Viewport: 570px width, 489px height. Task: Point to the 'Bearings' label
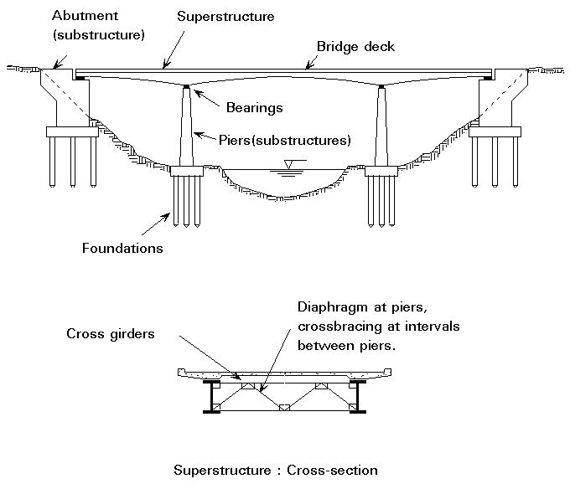(x=254, y=107)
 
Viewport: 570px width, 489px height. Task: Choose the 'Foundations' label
(x=122, y=248)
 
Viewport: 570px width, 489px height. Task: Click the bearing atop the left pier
(x=185, y=86)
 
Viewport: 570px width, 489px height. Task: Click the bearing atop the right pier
(x=381, y=86)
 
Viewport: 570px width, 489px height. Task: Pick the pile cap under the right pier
(x=381, y=172)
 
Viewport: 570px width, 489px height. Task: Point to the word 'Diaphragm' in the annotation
(x=328, y=306)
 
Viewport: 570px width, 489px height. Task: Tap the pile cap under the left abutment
(x=72, y=131)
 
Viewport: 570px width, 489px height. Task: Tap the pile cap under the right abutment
(x=495, y=131)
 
